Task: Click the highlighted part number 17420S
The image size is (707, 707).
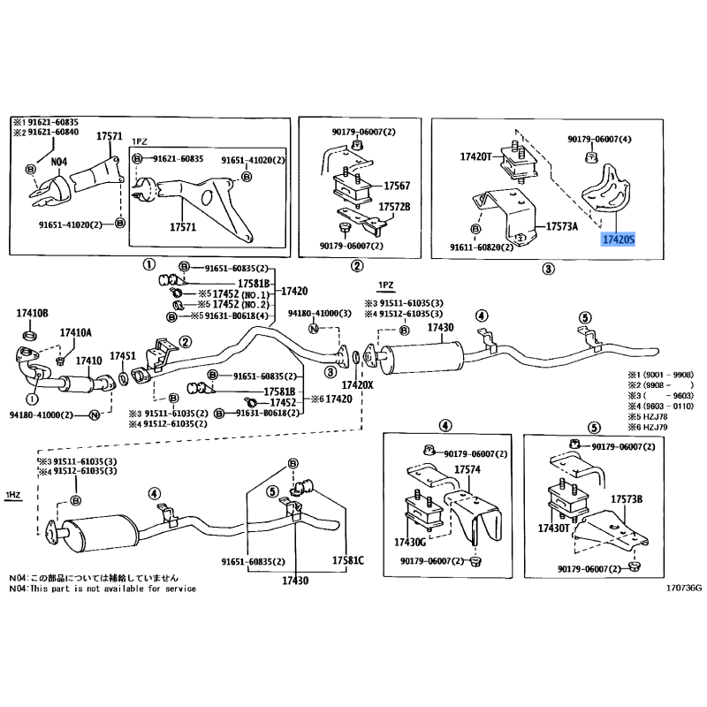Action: tap(618, 239)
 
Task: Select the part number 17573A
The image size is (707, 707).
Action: tap(563, 226)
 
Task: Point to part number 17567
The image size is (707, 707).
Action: tap(397, 187)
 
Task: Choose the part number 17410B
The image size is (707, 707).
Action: tap(33, 314)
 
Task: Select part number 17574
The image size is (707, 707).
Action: tap(467, 469)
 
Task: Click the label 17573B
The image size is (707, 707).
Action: tap(626, 500)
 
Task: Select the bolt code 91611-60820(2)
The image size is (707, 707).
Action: tap(481, 248)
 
